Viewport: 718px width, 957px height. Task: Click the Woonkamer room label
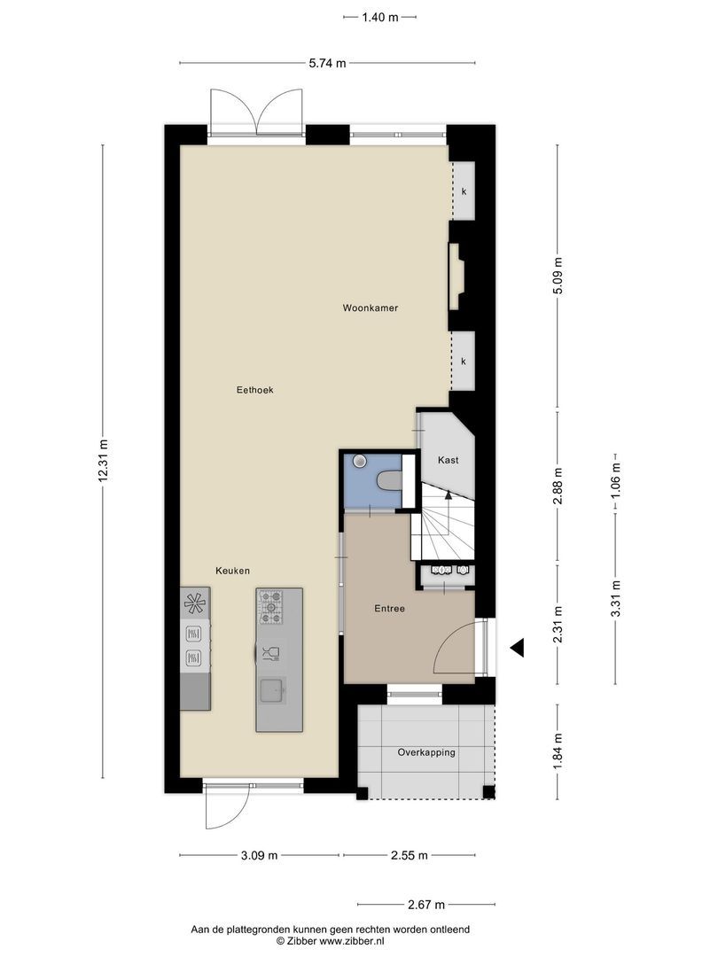[370, 308]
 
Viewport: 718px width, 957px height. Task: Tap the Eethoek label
[254, 390]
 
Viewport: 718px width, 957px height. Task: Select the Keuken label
[232, 571]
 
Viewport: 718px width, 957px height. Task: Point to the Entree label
[389, 609]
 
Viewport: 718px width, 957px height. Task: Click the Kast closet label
[449, 460]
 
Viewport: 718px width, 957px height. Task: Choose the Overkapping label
[426, 752]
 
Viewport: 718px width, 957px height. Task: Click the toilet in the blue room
[389, 481]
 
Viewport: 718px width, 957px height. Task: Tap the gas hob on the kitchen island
[271, 607]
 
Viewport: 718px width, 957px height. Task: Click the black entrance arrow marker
[518, 648]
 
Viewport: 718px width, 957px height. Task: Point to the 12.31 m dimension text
[103, 461]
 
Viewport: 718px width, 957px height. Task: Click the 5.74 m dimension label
[327, 63]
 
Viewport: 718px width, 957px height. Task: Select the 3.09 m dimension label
[259, 855]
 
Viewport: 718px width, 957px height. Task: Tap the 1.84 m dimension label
[557, 752]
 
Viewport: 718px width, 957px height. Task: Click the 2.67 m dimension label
[426, 905]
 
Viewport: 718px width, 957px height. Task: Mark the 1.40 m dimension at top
[379, 17]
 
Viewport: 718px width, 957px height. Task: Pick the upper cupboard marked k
[464, 191]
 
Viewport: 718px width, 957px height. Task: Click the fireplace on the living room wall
[456, 276]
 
